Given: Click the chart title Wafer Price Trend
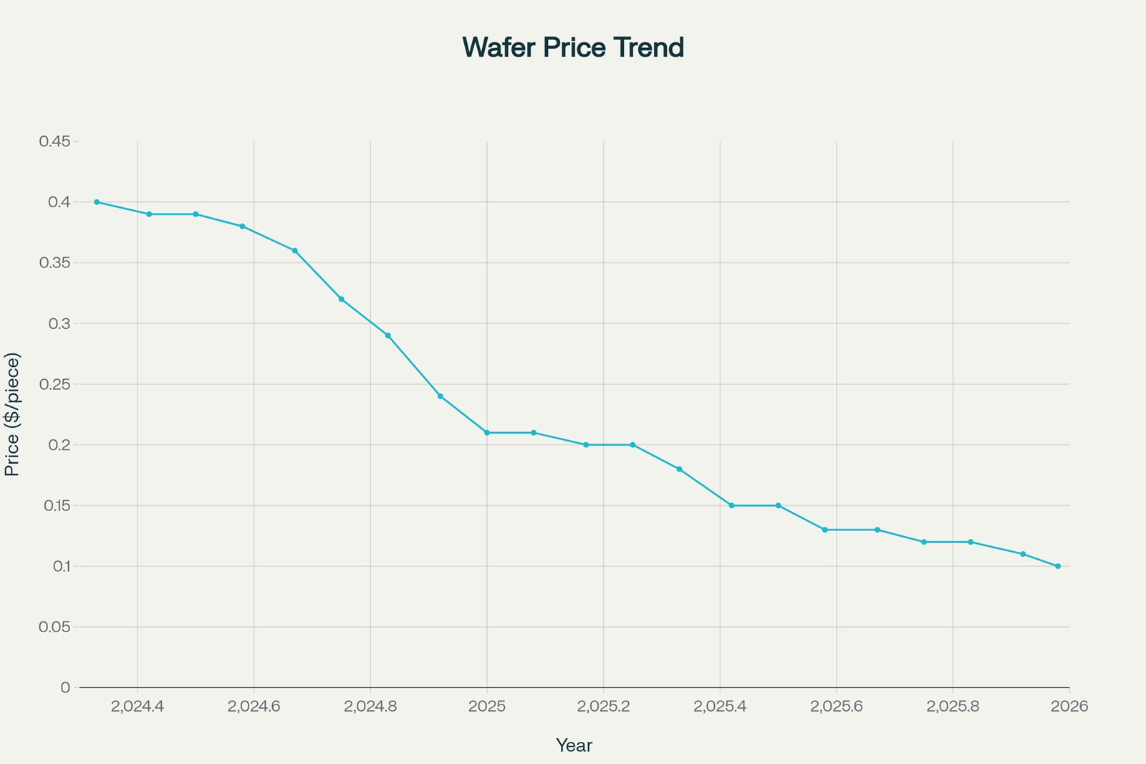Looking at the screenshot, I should [573, 48].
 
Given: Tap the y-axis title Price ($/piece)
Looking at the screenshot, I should [12, 414].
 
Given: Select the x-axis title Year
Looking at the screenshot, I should [574, 745].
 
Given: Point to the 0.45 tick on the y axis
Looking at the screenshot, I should [54, 141].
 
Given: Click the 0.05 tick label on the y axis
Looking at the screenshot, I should [54, 627].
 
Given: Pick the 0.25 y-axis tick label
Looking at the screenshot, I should [54, 384].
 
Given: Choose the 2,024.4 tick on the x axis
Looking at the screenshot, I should [138, 707].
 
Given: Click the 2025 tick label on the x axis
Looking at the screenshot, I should [487, 707].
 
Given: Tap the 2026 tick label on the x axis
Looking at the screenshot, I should [1069, 707].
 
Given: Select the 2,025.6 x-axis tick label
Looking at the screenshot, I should [837, 707].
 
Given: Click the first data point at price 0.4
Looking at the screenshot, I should [97, 202].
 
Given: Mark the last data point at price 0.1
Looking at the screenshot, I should [1058, 566].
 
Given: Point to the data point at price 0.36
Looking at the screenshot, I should [294, 251].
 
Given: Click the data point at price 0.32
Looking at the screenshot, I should [342, 299].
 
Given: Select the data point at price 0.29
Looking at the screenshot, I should [388, 335].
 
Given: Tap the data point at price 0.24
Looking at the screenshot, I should [440, 396].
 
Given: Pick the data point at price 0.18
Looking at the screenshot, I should [679, 469].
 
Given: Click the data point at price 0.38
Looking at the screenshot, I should [242, 226].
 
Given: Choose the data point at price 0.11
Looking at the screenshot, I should [1023, 554].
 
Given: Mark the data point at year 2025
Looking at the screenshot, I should [487, 433].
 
